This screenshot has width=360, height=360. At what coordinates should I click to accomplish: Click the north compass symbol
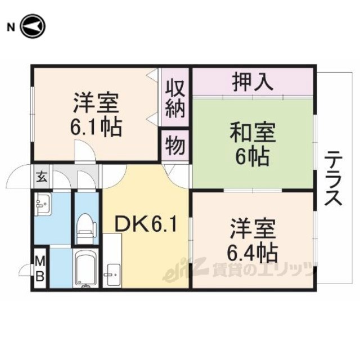click(33, 26)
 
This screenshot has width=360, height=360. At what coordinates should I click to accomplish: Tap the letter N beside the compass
click(11, 28)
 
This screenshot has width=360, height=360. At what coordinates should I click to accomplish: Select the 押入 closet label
click(253, 82)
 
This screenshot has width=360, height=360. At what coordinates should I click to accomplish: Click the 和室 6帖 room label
click(253, 145)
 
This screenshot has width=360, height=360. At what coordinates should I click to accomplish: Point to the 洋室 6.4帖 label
click(253, 241)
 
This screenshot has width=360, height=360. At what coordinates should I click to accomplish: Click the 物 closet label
click(175, 145)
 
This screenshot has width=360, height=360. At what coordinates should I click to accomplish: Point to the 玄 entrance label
click(42, 177)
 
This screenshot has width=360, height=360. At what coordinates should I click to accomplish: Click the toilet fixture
click(85, 228)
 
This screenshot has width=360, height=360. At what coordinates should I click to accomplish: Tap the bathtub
click(85, 268)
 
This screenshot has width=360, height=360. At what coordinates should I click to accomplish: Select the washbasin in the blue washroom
click(43, 204)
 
